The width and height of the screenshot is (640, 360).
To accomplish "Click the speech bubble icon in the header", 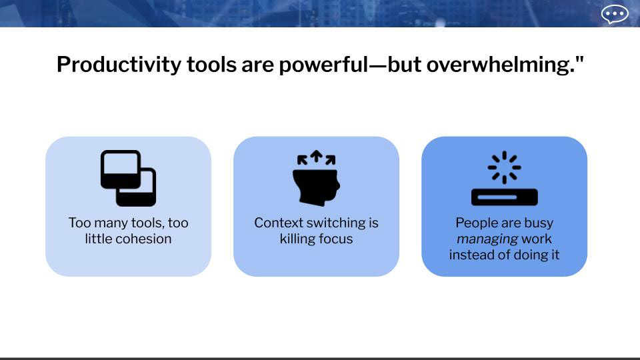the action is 615,15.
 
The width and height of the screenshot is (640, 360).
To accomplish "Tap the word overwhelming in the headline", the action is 501,65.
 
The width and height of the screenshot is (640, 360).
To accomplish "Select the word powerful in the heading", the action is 324,64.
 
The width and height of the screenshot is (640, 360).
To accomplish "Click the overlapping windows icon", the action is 128,178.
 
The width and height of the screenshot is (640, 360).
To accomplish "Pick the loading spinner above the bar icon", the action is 505,167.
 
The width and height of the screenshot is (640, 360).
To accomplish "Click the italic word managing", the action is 487,239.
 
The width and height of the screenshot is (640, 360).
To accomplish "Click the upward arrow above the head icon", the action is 316,155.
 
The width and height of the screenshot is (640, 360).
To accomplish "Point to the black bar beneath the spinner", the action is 505,197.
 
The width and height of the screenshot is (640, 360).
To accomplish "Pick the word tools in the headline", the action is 211,65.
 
